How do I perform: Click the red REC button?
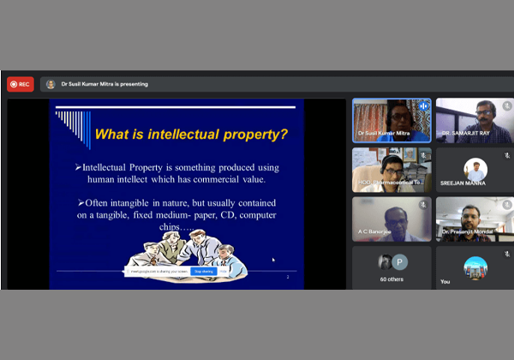[x=21, y=84]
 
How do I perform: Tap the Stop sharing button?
[x=203, y=271]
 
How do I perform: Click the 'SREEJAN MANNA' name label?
[x=463, y=183]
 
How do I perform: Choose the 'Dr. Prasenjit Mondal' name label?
[x=468, y=231]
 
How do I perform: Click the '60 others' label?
[x=391, y=279]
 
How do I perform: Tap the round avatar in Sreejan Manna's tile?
[x=475, y=168]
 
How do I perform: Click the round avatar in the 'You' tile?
[x=475, y=267]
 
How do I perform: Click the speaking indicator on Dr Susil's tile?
[x=422, y=106]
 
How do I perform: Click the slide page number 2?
[x=288, y=277]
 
